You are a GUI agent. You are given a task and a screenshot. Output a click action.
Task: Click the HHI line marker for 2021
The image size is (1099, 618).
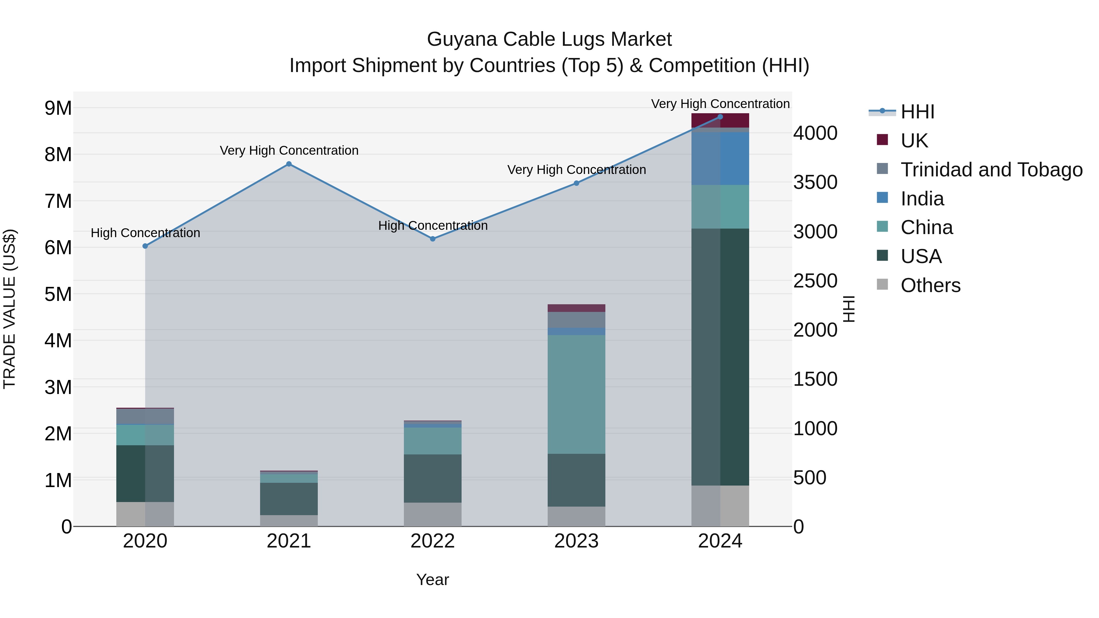click(289, 164)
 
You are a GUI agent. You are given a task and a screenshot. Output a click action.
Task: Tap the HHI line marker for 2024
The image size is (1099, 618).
click(720, 117)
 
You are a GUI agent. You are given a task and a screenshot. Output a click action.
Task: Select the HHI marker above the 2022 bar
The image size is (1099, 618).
click(433, 239)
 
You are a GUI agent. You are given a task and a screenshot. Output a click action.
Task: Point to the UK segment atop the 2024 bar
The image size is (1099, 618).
click(720, 121)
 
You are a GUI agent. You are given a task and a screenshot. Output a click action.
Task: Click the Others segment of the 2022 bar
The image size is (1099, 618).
click(433, 514)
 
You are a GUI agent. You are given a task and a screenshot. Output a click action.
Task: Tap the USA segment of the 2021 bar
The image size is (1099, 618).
click(289, 499)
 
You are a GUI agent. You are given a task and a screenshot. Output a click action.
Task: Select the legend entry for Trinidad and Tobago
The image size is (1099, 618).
click(991, 169)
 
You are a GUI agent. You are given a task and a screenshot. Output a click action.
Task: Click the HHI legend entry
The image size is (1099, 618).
click(917, 112)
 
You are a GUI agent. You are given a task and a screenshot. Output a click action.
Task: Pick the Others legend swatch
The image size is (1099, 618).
click(882, 284)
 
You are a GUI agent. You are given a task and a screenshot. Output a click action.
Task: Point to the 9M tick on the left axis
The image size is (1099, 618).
click(58, 108)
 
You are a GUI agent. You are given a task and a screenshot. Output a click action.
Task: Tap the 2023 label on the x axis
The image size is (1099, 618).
click(576, 541)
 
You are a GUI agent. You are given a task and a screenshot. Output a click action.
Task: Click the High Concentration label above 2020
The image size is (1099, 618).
click(146, 233)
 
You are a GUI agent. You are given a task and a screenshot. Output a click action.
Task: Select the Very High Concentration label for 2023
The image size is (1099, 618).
click(576, 170)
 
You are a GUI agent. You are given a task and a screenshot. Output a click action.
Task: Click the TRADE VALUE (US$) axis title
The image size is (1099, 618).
click(9, 309)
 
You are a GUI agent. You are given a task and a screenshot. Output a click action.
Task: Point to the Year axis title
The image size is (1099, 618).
click(433, 580)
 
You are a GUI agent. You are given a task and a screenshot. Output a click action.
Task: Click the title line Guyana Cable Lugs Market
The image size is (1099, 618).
click(549, 39)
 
